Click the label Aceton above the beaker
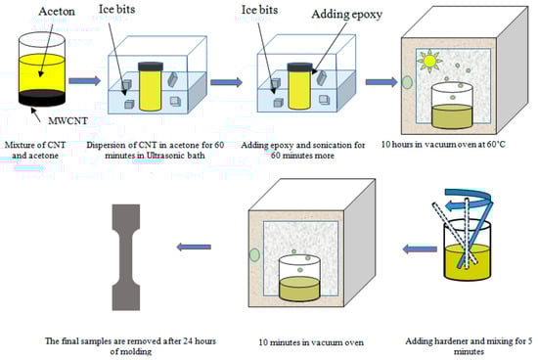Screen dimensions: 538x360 tap(57, 11)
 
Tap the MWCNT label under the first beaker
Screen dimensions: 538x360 tap(67, 120)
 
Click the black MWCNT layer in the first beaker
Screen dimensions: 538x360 tap(41, 98)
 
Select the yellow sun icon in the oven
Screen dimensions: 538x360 tap(428, 61)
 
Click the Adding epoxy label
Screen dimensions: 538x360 tap(346, 15)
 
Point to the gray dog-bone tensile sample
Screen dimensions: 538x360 tap(126, 257)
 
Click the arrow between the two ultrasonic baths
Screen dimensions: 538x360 tap(226, 82)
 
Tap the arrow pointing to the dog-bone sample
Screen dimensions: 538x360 tap(194, 247)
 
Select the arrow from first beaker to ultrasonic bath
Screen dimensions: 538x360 tap(84, 81)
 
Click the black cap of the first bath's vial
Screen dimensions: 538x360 tap(151, 66)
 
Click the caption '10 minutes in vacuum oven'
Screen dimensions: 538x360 tap(311, 342)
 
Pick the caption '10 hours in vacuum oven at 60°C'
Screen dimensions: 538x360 tap(443, 144)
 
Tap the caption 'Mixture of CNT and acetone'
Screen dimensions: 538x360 tap(35, 150)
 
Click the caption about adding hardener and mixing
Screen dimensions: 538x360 tap(469, 346)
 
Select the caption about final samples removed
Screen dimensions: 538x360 tap(130, 346)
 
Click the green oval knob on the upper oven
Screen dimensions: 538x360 tap(407, 82)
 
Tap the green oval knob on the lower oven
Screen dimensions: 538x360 tap(254, 255)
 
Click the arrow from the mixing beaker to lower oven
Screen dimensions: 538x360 tap(420, 249)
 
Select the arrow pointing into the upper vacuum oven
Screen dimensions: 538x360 tap(381, 82)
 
